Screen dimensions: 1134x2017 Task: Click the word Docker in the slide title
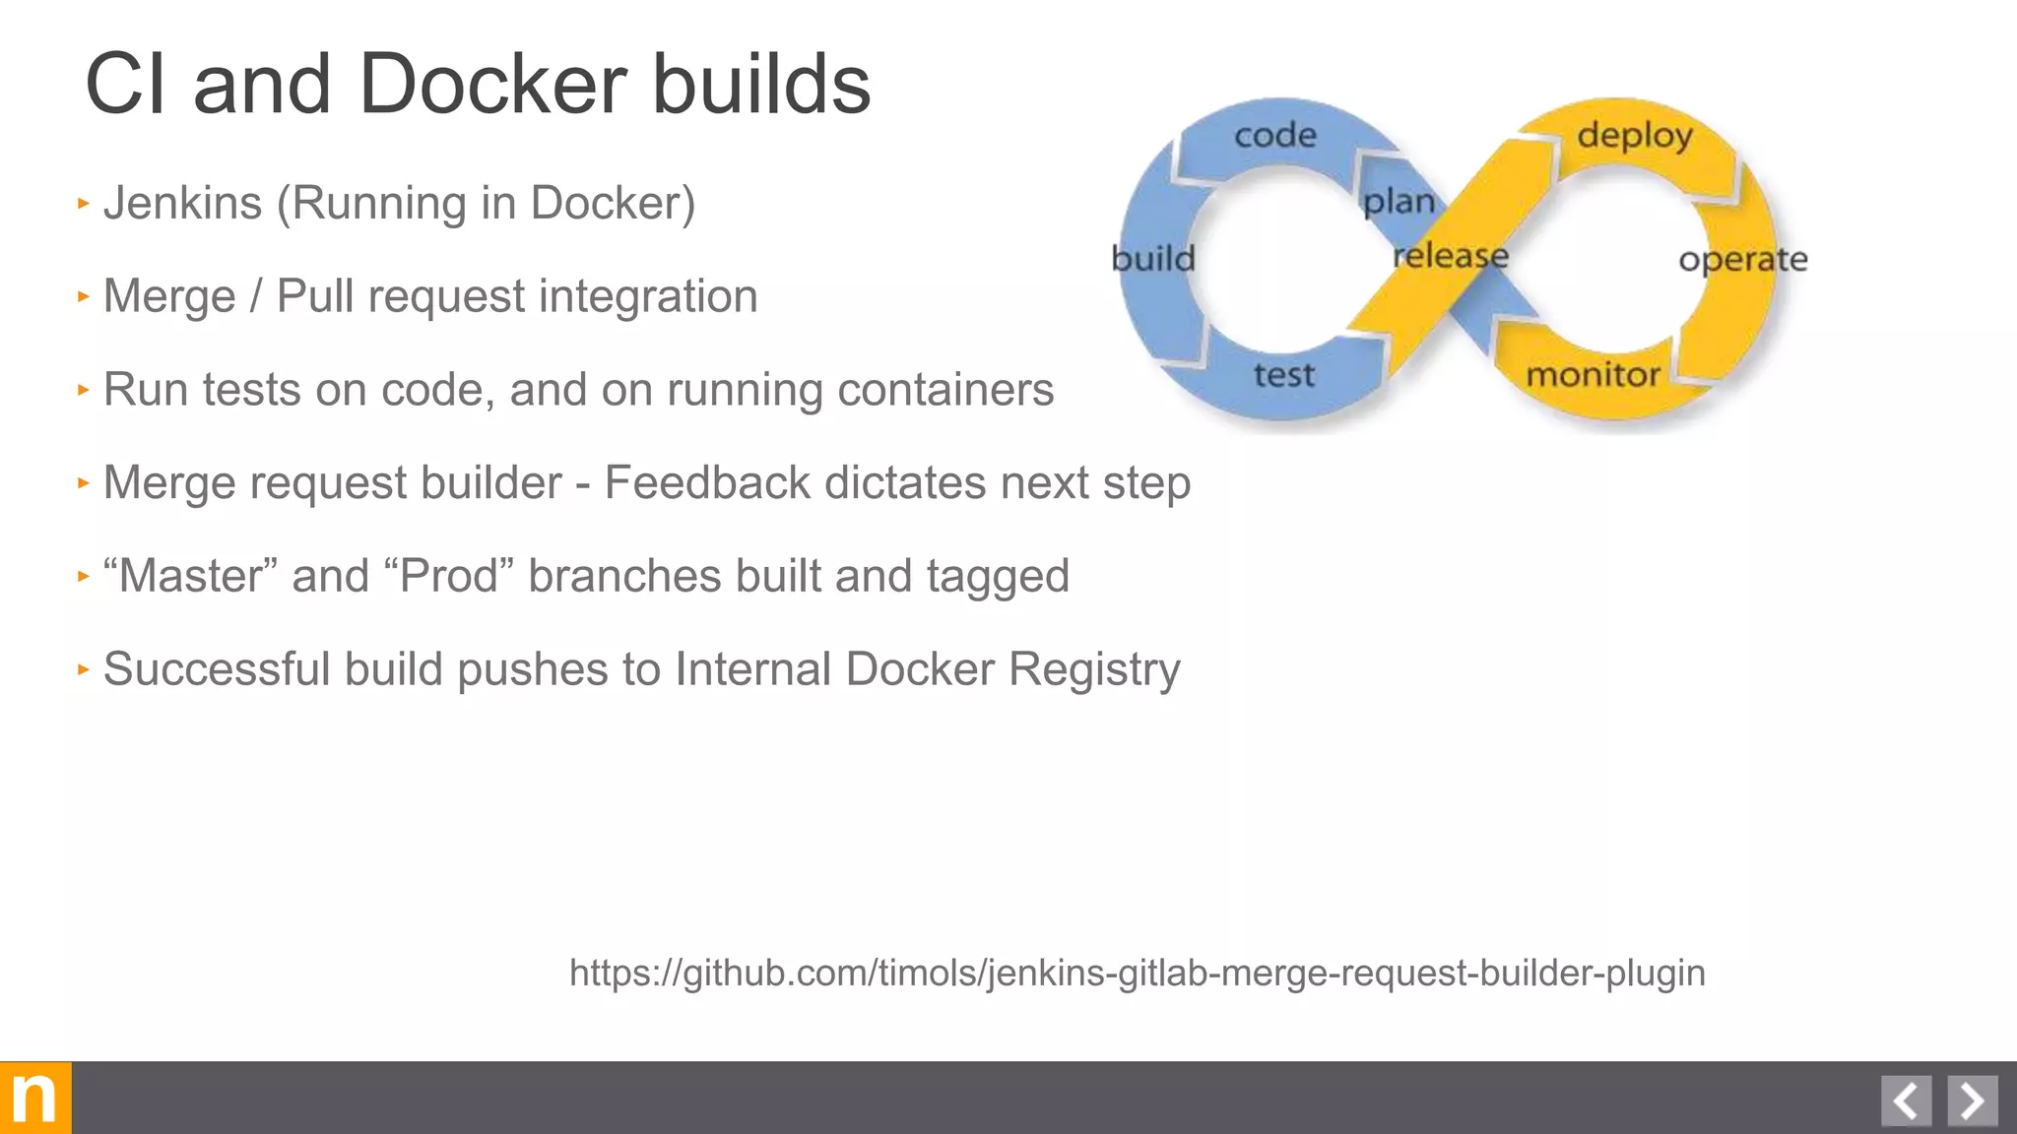pos(492,85)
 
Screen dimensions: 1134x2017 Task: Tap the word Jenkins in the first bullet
pos(182,204)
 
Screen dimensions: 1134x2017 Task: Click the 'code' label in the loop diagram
pos(1275,135)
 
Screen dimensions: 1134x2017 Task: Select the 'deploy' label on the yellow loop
pos(1635,135)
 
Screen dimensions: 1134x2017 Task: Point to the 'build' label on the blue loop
pos(1153,259)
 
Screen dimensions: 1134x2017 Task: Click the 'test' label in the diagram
pos(1284,375)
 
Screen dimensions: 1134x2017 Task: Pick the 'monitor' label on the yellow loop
pos(1593,375)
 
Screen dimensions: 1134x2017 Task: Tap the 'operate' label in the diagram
pos(1743,260)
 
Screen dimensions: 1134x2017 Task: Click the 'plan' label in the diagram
pos(1399,202)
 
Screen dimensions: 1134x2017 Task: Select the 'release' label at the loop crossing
pos(1451,256)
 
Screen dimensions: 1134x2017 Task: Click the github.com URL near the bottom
pos(1137,973)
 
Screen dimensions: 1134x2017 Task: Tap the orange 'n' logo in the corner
pos(35,1098)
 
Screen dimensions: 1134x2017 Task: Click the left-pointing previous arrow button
pos(1906,1101)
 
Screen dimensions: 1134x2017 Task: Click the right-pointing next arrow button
pos(1972,1101)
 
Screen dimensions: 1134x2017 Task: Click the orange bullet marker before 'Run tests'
pos(84,390)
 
